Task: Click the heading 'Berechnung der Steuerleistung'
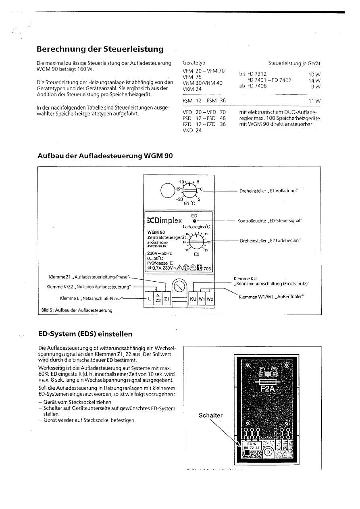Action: (100, 49)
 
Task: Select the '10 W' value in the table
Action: (314, 75)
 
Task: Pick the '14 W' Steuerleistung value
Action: (314, 81)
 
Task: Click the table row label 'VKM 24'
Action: (192, 89)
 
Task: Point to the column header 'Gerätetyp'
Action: (194, 64)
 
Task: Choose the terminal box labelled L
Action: (150, 299)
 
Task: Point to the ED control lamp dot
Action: (195, 221)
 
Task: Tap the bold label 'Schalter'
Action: (210, 416)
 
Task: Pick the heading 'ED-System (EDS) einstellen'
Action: (85, 334)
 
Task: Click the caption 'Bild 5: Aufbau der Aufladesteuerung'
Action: (77, 310)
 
